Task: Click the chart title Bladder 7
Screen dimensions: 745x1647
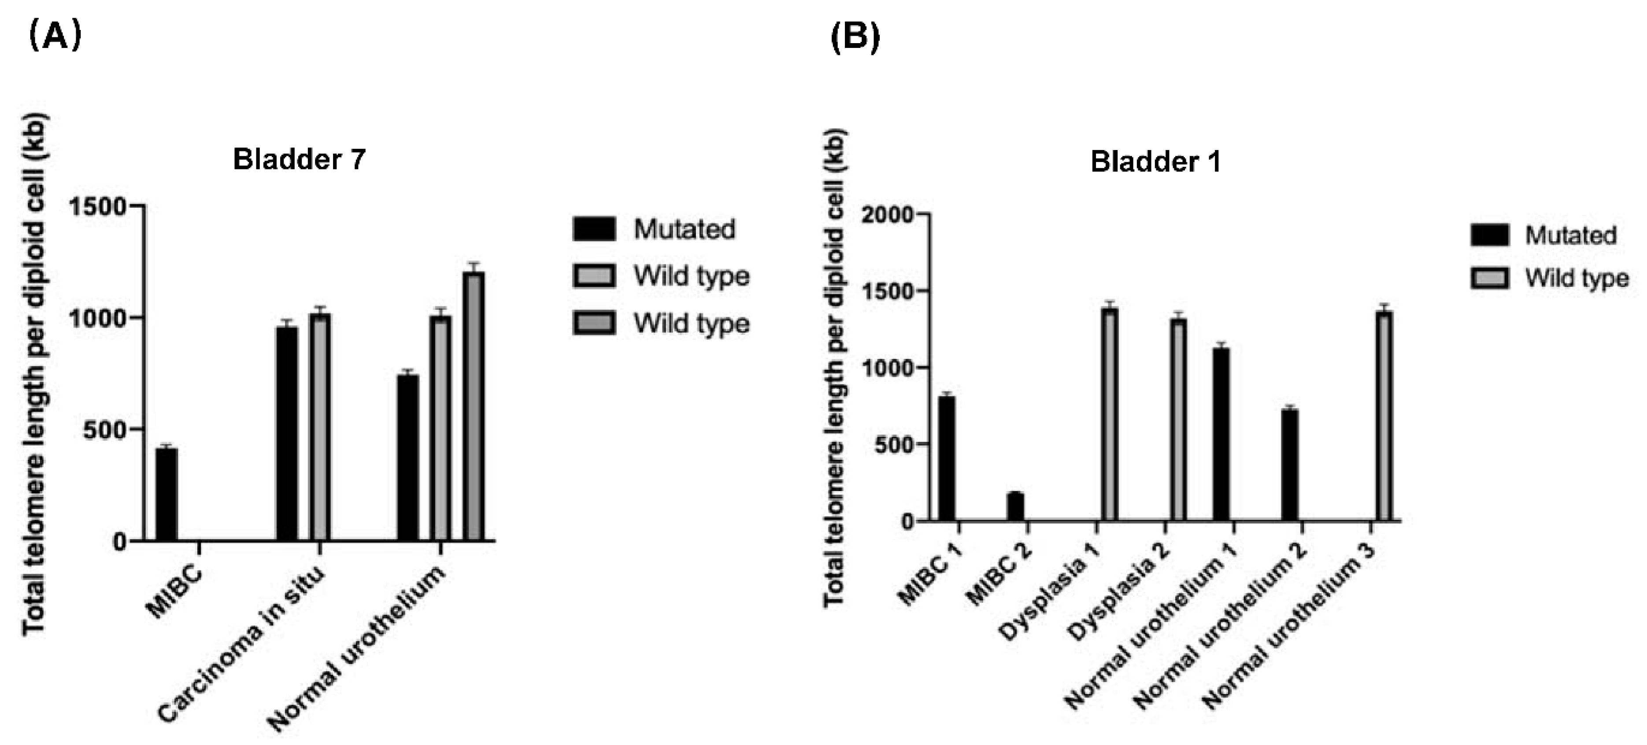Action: pos(299,158)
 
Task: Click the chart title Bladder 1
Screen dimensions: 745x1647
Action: pos(1155,161)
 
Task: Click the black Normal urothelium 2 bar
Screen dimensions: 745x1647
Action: pos(1289,465)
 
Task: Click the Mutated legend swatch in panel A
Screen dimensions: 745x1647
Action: pos(594,229)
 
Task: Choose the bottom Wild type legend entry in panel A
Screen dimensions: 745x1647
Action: pos(691,323)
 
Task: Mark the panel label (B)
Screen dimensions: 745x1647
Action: pos(855,37)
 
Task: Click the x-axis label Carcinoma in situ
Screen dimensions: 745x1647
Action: pos(242,645)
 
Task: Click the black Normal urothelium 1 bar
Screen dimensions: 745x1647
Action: pos(1221,434)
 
